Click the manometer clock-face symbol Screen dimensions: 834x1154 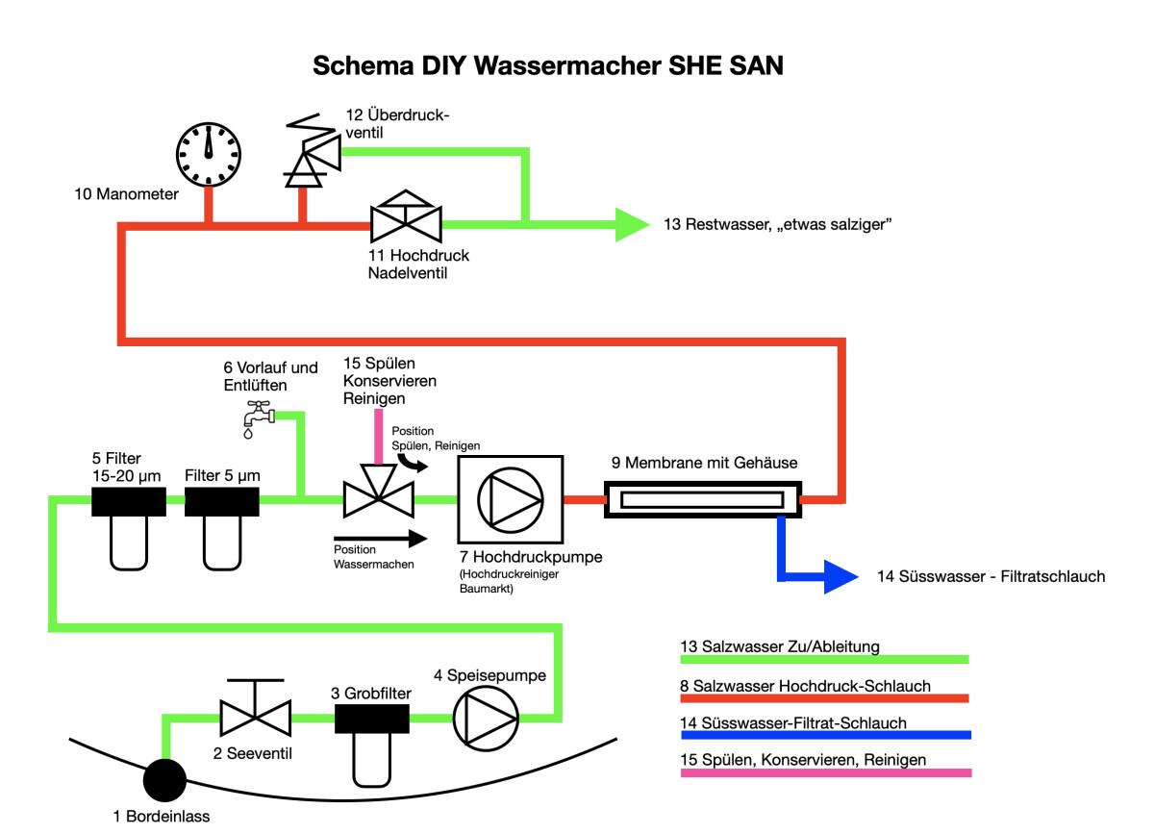point(208,154)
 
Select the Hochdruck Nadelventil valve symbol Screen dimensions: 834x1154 point(406,224)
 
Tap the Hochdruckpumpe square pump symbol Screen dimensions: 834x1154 point(509,500)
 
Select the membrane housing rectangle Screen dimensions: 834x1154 point(701,500)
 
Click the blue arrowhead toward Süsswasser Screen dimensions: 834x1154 point(839,577)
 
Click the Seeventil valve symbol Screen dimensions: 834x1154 point(255,714)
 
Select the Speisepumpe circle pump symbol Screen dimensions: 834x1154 point(486,717)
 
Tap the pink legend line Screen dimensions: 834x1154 point(826,772)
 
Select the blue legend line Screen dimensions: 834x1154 point(826,735)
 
